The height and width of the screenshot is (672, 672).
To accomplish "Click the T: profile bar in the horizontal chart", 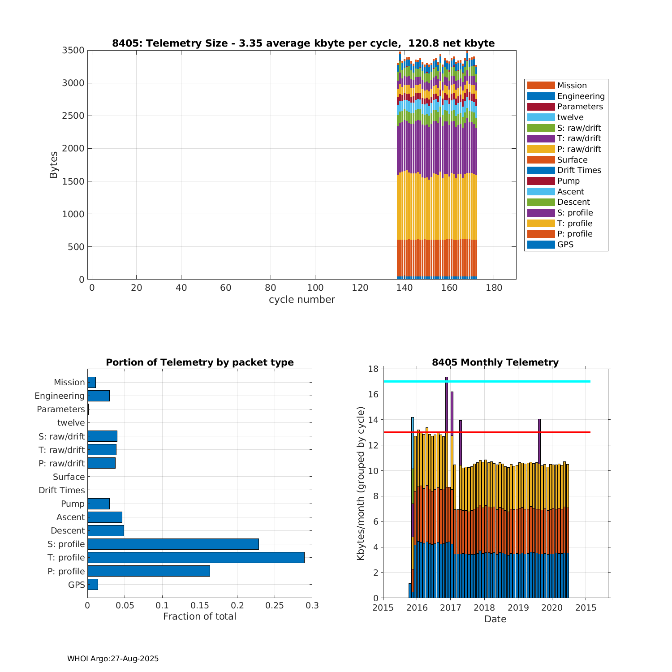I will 196,557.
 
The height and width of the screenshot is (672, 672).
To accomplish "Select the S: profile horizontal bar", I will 173,544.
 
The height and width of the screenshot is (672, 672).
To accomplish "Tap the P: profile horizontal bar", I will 149,571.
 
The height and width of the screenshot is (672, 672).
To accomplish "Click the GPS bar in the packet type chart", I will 93,584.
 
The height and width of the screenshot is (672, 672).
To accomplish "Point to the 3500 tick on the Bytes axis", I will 73,50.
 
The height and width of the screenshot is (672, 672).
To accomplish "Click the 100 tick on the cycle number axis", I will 315,288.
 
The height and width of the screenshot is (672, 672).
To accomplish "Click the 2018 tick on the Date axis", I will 484,608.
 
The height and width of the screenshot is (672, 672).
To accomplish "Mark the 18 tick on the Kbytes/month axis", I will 374,369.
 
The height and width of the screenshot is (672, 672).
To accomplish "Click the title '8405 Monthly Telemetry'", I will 495,362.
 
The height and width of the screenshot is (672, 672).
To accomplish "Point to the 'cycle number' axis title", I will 302,300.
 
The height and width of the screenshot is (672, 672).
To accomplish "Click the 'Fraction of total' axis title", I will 199,616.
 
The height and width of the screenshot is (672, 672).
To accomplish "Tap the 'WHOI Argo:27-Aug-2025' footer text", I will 113,659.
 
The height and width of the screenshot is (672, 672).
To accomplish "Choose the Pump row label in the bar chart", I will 73,504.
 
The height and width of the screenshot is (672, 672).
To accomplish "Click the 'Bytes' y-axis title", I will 54,165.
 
